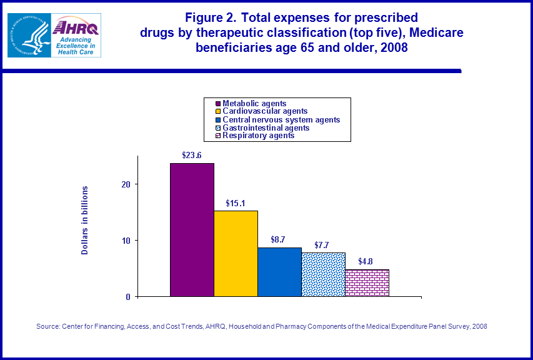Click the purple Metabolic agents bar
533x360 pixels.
tap(192, 229)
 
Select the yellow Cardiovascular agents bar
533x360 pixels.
tap(236, 253)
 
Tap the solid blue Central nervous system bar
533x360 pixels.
tap(279, 272)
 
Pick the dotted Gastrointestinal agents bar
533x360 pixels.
tap(323, 274)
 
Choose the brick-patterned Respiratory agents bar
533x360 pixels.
tap(367, 283)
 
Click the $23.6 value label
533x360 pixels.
tap(192, 155)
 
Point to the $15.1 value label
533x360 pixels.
tap(236, 203)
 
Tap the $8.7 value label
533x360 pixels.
tap(279, 239)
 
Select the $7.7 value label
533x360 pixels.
tap(323, 244)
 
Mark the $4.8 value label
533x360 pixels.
tap(367, 261)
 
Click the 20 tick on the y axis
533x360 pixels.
tap(126, 184)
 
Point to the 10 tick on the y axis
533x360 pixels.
tap(126, 241)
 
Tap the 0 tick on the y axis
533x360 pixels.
tap(128, 297)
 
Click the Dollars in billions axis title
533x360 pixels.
tap(85, 220)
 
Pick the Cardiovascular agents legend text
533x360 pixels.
tap(265, 111)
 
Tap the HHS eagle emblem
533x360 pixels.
tap(27, 35)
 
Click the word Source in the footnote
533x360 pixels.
tap(48, 326)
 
